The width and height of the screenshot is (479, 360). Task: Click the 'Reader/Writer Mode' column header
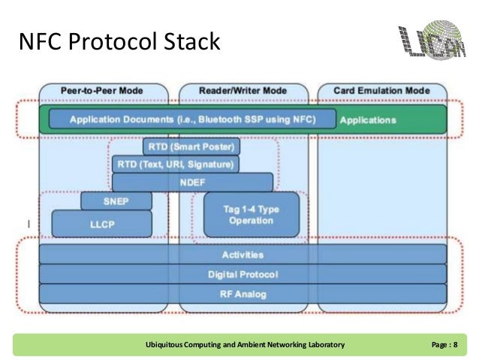tap(243, 91)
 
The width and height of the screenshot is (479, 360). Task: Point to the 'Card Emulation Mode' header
tap(382, 91)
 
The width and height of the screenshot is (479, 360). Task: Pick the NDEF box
tap(192, 182)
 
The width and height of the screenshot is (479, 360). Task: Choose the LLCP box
tap(102, 223)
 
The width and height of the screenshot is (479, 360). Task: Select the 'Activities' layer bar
tap(242, 256)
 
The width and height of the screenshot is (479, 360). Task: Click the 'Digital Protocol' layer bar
tap(242, 274)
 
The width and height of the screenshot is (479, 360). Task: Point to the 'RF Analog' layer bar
tap(242, 294)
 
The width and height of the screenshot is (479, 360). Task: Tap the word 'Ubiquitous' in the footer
tap(166, 344)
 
